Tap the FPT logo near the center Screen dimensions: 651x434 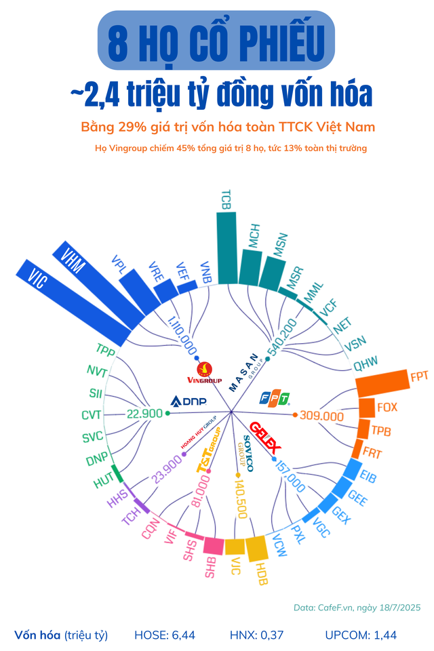276,397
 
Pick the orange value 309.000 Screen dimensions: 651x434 321,415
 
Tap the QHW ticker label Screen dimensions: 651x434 365,362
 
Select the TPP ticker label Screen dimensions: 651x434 106,350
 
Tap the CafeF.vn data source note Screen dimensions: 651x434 357,608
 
